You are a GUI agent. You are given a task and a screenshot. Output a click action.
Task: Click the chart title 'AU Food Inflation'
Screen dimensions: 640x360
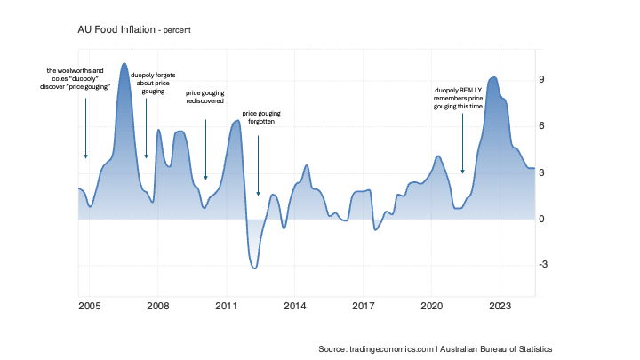tap(116, 30)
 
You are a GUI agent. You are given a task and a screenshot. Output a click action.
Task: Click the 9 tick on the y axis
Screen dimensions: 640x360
tap(541, 79)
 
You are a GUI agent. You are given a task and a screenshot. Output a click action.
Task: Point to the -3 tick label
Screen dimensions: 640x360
tap(543, 265)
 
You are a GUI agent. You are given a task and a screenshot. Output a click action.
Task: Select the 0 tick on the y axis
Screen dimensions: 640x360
tap(541, 220)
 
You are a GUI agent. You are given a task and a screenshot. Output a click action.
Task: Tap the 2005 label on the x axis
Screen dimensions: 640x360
tap(90, 306)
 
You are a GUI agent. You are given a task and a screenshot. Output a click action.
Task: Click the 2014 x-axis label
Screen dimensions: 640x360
tap(295, 306)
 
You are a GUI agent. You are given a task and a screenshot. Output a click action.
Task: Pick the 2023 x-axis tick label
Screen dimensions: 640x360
tap(500, 306)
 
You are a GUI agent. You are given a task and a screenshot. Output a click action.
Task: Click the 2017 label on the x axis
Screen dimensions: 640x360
tap(364, 306)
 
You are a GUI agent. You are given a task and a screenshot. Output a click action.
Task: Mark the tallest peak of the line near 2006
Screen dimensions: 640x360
tap(124, 63)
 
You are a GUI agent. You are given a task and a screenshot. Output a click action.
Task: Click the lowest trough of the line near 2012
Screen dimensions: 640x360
tap(254, 268)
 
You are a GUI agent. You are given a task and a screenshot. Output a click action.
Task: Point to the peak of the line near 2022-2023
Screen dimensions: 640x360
tap(493, 77)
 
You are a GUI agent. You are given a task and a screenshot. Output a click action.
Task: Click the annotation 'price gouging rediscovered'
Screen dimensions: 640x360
tap(205, 97)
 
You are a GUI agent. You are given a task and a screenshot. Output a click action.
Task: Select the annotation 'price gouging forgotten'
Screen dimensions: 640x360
tap(261, 117)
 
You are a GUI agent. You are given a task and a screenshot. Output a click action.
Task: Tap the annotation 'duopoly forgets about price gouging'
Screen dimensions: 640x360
tap(153, 83)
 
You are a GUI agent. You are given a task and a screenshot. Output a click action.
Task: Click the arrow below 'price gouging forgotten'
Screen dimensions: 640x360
tap(258, 165)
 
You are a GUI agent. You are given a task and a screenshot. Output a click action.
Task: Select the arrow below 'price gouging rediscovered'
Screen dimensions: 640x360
tap(205, 150)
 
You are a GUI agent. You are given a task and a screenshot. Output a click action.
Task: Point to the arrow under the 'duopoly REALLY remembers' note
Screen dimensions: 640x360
tap(462, 144)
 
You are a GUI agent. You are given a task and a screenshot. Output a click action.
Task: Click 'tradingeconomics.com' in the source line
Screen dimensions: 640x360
tap(391, 349)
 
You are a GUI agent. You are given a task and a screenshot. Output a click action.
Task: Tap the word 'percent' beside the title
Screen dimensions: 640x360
tap(177, 30)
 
